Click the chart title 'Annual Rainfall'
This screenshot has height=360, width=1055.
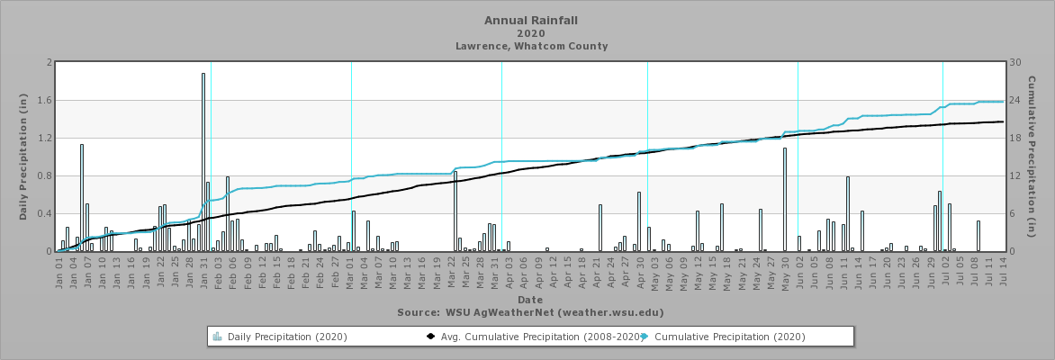coord(531,20)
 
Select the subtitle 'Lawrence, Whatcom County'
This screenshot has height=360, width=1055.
coord(531,46)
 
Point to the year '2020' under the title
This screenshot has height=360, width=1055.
coord(531,33)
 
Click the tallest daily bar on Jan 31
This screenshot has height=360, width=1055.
coord(203,162)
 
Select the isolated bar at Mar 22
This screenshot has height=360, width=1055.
coord(455,211)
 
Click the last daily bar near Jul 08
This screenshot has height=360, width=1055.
coord(978,236)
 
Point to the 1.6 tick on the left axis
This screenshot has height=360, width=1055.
coord(47,101)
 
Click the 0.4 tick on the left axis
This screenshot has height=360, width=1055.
coord(47,214)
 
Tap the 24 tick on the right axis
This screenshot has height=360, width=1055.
coord(1015,101)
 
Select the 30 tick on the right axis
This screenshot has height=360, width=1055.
coord(1015,63)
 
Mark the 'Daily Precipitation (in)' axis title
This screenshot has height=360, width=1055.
coord(23,157)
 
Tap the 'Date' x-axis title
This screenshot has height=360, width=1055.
coord(530,299)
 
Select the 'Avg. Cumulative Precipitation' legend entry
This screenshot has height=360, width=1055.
coord(531,337)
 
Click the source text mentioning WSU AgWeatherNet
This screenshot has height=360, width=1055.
coord(530,312)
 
